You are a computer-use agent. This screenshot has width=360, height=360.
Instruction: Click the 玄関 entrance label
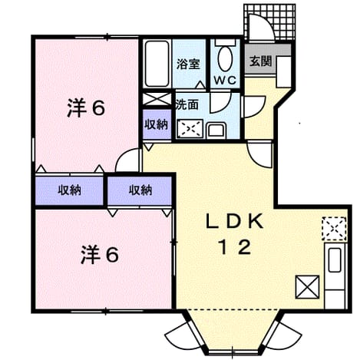[260, 61]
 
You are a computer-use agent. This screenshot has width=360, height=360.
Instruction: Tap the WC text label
[225, 81]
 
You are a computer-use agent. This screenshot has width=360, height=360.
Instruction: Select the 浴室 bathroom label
[188, 64]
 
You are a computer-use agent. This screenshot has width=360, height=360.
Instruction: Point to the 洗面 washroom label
[187, 104]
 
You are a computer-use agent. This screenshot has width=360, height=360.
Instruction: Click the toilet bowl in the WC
[225, 59]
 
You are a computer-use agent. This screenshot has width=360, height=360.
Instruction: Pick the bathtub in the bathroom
[157, 64]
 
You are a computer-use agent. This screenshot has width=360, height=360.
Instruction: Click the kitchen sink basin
[335, 260]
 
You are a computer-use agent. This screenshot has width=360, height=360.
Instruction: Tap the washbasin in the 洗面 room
[216, 130]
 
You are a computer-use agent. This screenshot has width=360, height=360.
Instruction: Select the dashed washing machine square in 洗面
[190, 128]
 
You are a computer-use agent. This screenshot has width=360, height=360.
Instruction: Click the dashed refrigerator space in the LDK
[334, 229]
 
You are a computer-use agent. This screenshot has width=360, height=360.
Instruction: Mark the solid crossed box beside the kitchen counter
[307, 287]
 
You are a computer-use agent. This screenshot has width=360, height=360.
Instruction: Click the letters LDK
[235, 221]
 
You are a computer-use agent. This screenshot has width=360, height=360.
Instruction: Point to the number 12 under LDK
[236, 247]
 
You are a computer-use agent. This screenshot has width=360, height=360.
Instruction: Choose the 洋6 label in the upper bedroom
[86, 108]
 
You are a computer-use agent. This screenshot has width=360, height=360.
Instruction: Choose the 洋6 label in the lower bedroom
[100, 255]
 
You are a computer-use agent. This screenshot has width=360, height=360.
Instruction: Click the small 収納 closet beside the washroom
[157, 124]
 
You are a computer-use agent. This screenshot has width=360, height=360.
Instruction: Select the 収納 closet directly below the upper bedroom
[69, 190]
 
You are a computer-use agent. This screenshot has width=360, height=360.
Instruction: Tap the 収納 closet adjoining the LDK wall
[140, 190]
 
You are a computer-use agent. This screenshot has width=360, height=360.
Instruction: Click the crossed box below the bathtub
[157, 99]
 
